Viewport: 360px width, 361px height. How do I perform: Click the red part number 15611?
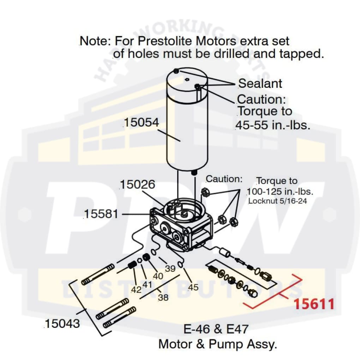314,303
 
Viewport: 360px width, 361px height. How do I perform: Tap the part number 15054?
141,123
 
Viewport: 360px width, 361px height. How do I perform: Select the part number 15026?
137,184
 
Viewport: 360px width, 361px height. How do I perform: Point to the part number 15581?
101,214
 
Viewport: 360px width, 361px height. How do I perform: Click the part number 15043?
62,324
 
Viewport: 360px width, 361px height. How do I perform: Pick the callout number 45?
193,287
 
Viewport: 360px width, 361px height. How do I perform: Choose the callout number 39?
170,269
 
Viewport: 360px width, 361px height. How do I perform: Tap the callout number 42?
136,290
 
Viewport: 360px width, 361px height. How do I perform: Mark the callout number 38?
163,298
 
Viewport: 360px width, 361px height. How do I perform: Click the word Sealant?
260,84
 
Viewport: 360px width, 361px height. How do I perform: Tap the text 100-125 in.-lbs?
280,192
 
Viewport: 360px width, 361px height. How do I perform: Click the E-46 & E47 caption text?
216,329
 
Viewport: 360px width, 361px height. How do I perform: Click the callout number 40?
158,276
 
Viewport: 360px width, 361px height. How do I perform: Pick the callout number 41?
147,284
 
